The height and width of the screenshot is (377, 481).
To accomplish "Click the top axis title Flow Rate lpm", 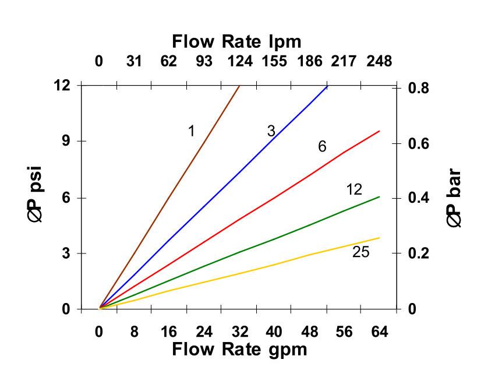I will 236,41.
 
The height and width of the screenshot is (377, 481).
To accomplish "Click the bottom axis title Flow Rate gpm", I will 239,349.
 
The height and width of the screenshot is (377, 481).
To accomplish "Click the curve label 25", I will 360,252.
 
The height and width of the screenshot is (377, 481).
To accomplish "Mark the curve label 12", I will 354,189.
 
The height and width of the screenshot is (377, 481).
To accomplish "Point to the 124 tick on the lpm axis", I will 239,61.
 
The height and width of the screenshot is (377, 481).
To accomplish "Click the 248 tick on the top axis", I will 379,61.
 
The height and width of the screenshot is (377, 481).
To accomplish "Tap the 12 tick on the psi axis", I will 62,85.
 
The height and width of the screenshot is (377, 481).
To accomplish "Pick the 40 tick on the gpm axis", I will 274,332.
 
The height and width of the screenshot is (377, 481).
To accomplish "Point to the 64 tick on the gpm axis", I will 379,332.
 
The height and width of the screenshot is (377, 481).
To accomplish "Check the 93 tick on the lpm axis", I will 204,61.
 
